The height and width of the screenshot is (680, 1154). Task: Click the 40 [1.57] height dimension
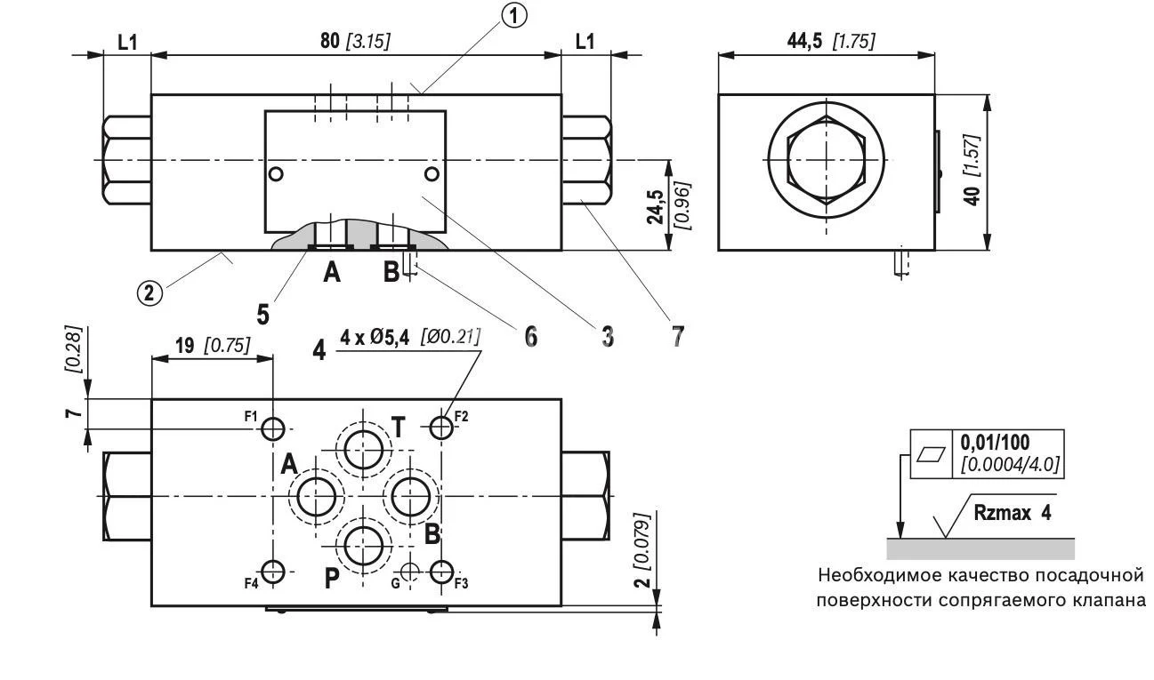[x=976, y=173]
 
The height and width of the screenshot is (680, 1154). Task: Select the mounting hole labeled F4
[x=273, y=572]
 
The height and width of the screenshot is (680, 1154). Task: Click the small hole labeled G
[x=409, y=572]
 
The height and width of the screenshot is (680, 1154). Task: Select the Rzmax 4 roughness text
[x=1012, y=513]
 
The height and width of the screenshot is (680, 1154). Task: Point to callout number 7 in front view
[x=678, y=336]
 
